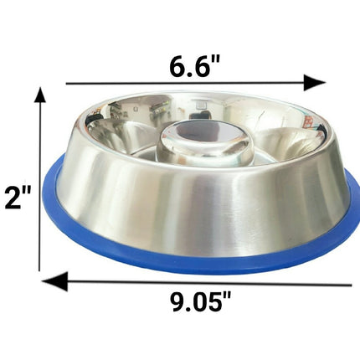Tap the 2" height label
[17, 198]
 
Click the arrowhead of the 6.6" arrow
[315, 83]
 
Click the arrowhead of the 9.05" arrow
[55, 280]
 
